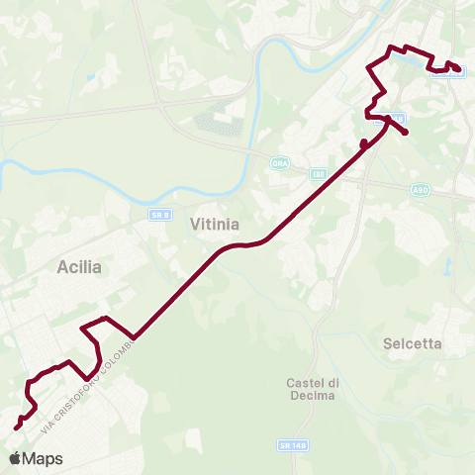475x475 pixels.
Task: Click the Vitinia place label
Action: point(213,225)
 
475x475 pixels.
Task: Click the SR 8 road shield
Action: point(161,215)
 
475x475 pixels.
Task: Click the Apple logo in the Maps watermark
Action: point(14,458)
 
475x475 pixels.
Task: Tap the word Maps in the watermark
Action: point(43,458)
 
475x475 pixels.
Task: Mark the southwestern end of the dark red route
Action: point(17,427)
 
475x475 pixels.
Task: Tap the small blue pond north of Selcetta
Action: point(448,265)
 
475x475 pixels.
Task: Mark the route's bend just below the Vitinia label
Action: point(242,243)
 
